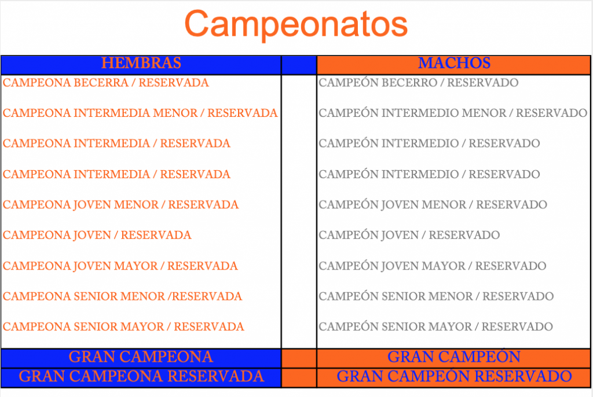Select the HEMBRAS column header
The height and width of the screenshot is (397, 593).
coord(141,63)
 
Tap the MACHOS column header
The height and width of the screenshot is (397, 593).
coord(454,63)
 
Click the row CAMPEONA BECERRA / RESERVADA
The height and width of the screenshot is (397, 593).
coord(105,82)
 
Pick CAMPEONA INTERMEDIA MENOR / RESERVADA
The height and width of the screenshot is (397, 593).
coord(140,113)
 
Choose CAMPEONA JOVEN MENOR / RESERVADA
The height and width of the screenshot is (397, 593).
coord(120,204)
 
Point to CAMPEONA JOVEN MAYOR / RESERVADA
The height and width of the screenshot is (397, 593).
coord(120,266)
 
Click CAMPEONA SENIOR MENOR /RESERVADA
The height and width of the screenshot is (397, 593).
coord(122,296)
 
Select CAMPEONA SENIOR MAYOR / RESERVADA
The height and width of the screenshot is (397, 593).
coord(123,326)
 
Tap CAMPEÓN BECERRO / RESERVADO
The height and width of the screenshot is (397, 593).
coord(418,82)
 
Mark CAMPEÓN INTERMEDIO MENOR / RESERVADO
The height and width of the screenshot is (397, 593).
coord(453,113)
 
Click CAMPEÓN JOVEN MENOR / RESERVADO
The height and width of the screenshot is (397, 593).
coord(433,204)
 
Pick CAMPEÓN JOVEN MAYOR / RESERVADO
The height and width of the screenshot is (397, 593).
coord(432,266)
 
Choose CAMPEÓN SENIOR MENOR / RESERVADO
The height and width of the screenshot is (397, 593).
coord(436,296)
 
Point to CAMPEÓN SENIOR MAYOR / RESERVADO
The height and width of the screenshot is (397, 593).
coord(435,326)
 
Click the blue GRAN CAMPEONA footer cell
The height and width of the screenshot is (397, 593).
coord(141,357)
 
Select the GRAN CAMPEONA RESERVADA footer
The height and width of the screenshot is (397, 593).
coord(141,376)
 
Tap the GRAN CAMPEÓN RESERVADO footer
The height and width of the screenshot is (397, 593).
coord(454,376)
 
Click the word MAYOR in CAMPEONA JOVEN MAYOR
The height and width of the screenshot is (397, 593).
coord(136,266)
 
